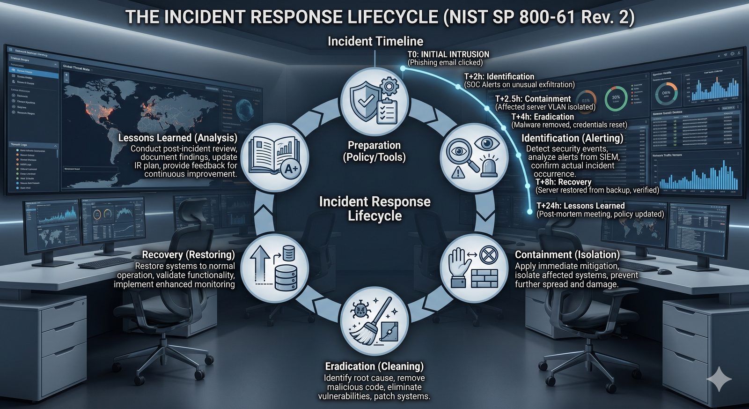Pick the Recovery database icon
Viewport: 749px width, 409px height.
click(x=275, y=268)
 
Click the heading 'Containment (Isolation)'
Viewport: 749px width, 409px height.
click(x=567, y=255)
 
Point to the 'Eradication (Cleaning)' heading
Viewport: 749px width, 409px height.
click(x=374, y=366)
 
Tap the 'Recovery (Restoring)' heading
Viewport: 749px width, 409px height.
click(x=188, y=255)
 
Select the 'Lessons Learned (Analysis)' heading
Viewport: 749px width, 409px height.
click(x=177, y=138)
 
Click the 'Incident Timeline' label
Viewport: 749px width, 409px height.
click(x=375, y=41)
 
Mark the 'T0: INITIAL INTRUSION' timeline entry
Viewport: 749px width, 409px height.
click(x=448, y=54)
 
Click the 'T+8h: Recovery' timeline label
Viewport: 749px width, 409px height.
click(x=563, y=182)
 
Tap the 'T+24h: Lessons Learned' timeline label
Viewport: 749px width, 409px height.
click(x=580, y=206)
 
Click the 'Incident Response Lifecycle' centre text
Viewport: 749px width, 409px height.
click(x=374, y=208)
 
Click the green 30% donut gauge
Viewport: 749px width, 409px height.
click(x=616, y=97)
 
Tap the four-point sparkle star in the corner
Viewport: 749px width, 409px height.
click(x=719, y=379)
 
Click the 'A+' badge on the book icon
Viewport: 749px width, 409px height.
click(x=291, y=169)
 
